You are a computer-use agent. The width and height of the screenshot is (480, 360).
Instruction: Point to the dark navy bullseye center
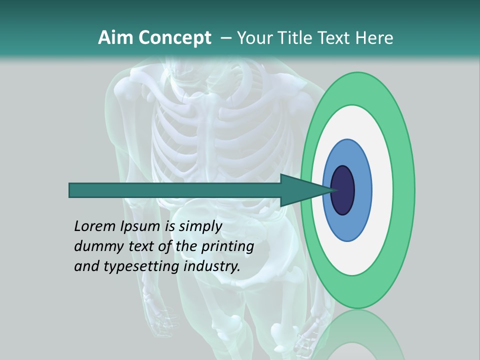[x=342, y=190]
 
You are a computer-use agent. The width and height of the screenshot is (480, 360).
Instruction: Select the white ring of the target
[x=382, y=190]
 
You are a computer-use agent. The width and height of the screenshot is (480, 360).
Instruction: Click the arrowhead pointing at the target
[x=300, y=190]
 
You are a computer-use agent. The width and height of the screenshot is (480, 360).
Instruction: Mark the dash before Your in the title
[x=225, y=38]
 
